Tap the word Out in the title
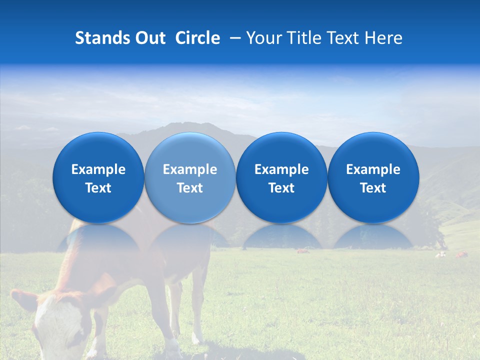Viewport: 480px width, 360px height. click(148, 38)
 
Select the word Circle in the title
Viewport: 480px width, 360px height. click(197, 38)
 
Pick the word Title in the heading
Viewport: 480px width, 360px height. click(304, 38)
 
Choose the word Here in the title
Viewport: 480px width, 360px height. click(383, 38)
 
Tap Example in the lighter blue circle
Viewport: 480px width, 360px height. click(190, 170)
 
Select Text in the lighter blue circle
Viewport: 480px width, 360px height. click(190, 188)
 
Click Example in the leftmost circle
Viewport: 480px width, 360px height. click(98, 170)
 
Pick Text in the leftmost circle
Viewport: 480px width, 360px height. click(98, 188)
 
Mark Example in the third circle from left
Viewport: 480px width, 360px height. click(281, 170)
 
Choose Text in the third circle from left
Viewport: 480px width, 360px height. click(281, 188)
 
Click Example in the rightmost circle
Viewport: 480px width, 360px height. click(373, 170)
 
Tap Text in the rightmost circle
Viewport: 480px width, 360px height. click(373, 188)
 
